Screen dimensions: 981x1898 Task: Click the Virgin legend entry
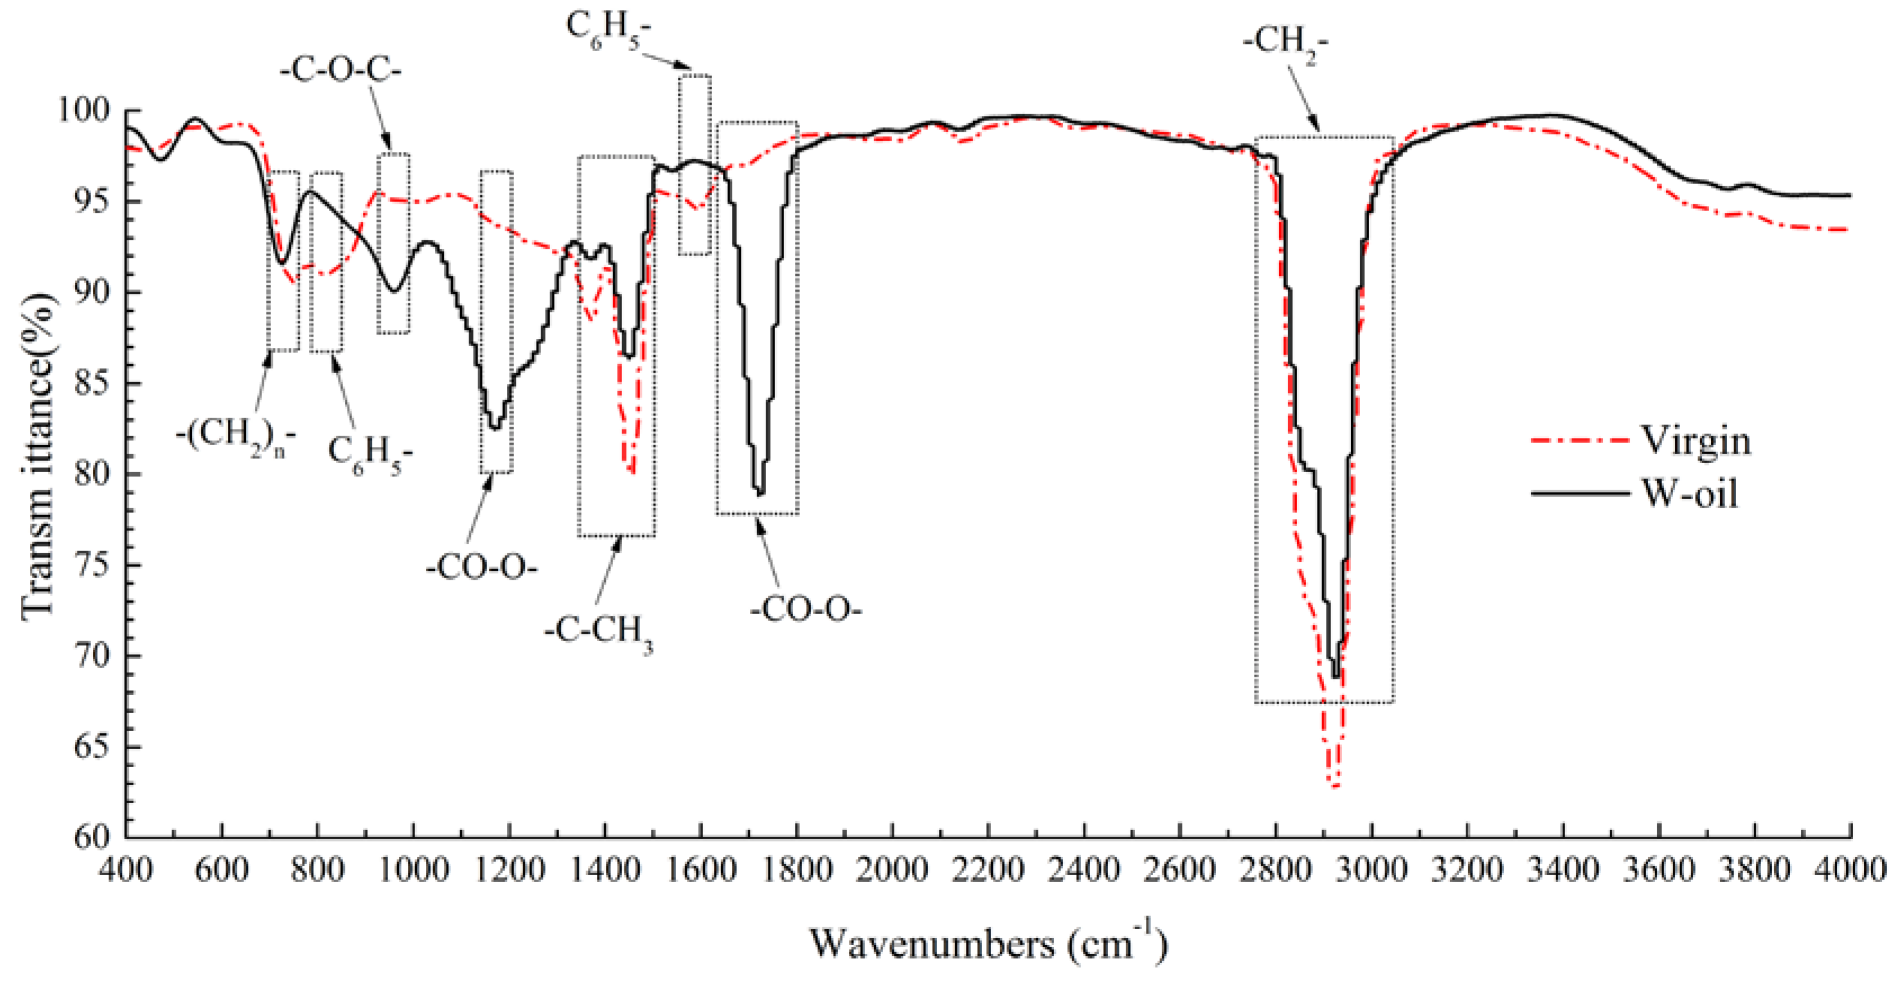1694,441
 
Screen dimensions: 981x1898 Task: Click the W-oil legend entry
1689,492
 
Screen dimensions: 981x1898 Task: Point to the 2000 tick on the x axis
892,871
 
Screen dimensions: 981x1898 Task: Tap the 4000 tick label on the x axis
1850,871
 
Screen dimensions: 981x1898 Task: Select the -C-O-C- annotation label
340,72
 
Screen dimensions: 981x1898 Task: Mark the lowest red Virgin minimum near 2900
1333,786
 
